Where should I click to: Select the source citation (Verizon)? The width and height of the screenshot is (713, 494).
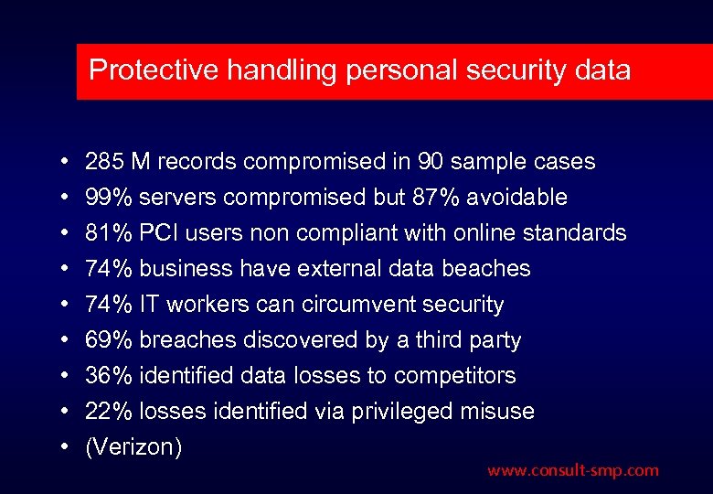pos(133,447)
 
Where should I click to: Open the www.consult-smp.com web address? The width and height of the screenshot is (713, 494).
pos(572,471)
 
